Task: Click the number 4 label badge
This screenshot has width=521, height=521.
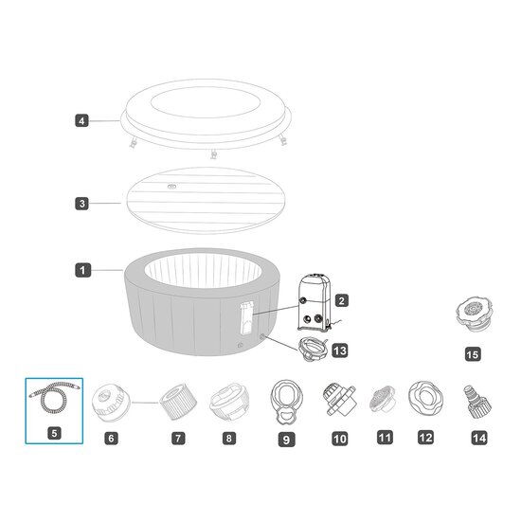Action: [x=81, y=120]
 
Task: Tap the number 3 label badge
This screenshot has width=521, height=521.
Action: [x=81, y=204]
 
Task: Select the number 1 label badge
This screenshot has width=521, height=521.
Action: [x=82, y=270]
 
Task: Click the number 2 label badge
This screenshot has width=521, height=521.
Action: [x=342, y=300]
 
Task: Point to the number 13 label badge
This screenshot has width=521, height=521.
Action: [x=340, y=350]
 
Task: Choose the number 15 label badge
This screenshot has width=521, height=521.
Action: [x=473, y=354]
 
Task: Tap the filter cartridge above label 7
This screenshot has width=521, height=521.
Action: [x=178, y=402]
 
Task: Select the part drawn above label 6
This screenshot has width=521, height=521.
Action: [x=111, y=403]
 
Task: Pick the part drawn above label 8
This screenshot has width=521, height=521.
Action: [x=229, y=402]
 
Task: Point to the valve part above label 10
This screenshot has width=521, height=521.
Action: [x=339, y=399]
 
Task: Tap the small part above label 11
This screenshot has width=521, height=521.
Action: [x=383, y=399]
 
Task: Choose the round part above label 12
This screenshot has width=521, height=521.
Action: [x=425, y=398]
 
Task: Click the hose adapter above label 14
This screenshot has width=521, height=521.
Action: [x=477, y=402]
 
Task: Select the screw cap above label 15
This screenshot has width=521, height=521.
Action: [x=473, y=314]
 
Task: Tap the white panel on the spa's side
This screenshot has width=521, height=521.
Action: [x=246, y=317]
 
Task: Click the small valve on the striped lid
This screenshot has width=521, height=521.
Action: [x=171, y=186]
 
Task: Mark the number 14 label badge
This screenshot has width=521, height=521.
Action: [x=479, y=438]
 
